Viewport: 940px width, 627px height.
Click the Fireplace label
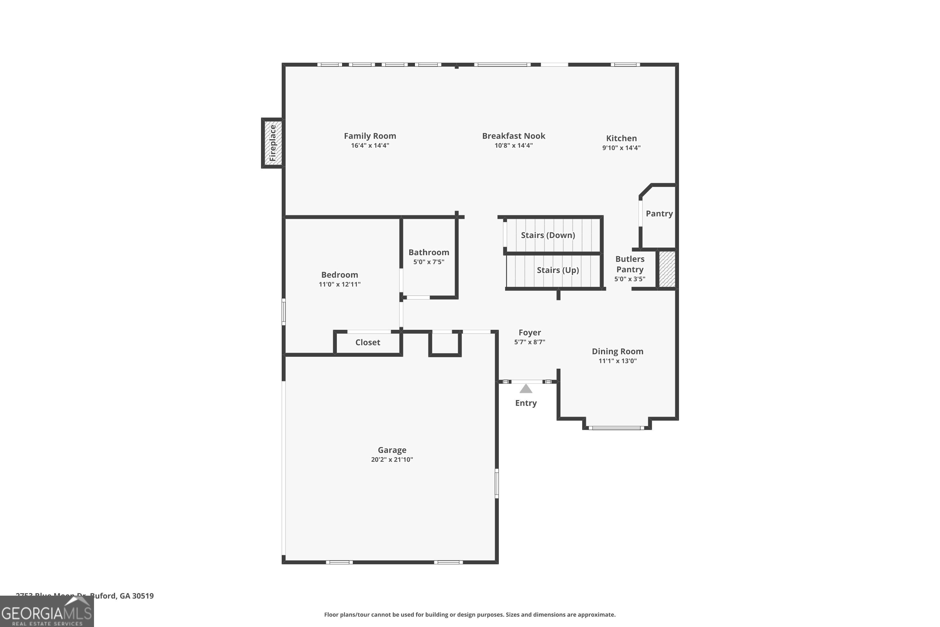[273, 143]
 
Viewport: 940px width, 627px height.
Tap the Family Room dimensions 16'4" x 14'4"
[370, 145]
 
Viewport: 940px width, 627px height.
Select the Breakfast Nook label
[513, 136]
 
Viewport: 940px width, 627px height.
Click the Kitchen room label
[621, 138]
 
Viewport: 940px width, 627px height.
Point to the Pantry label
[659, 213]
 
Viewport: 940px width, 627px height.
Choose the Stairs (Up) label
[557, 270]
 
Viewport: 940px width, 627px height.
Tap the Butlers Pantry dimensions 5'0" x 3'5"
[629, 279]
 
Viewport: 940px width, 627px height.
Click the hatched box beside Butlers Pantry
[667, 269]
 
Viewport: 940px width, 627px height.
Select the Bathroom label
[428, 252]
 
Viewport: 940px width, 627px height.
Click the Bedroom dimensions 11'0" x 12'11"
[339, 284]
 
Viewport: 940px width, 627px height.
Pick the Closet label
[367, 342]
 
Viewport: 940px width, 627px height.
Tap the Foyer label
[529, 333]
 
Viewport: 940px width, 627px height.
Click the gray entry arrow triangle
[525, 389]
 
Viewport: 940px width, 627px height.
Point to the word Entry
[525, 403]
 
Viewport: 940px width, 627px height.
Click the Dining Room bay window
[616, 428]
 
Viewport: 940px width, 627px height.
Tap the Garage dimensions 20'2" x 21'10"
[392, 460]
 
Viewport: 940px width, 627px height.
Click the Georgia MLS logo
[47, 612]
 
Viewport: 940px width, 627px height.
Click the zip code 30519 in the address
[143, 596]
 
